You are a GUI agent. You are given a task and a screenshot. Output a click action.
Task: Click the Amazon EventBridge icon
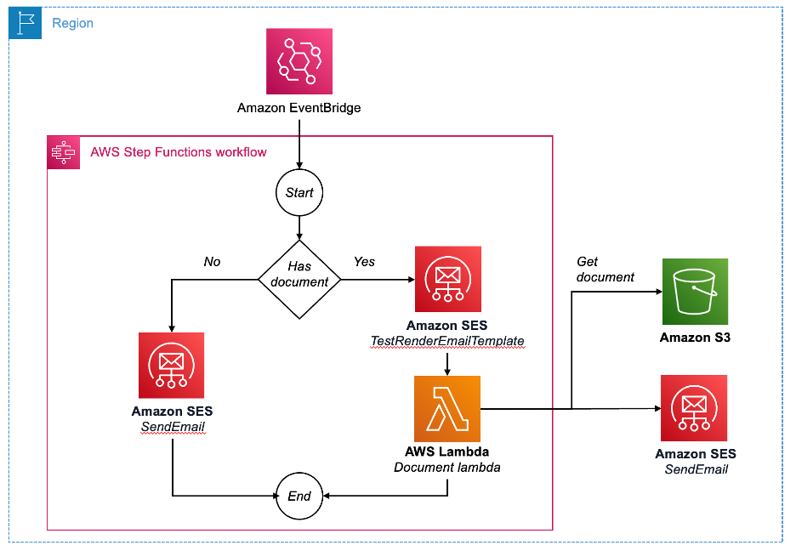click(x=298, y=61)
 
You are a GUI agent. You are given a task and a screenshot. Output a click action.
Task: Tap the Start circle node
click(x=299, y=193)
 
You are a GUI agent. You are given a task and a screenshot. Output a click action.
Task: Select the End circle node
click(x=299, y=496)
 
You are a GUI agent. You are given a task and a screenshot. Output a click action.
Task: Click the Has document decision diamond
click(x=299, y=275)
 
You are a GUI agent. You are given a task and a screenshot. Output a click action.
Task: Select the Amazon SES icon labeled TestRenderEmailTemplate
click(x=447, y=280)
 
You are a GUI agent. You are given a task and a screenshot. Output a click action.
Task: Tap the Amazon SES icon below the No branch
click(x=172, y=366)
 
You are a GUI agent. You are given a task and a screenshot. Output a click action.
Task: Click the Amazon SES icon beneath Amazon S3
click(x=695, y=407)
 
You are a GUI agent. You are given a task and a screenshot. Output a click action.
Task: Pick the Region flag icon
click(x=25, y=24)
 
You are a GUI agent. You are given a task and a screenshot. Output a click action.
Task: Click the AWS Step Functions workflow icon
click(x=63, y=152)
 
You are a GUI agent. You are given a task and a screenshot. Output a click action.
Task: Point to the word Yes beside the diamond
click(x=364, y=262)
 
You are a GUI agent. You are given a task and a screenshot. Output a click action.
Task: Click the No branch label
click(x=212, y=262)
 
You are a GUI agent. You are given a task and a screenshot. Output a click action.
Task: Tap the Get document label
click(x=606, y=269)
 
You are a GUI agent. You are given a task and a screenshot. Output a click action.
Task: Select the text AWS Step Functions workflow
click(x=179, y=152)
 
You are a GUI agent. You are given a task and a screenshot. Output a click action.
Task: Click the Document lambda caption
click(x=446, y=468)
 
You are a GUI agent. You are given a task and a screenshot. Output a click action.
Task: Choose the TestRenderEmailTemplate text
click(x=447, y=341)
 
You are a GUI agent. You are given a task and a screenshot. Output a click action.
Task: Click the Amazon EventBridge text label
click(x=299, y=108)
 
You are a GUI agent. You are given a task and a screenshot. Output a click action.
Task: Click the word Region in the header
click(x=73, y=24)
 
